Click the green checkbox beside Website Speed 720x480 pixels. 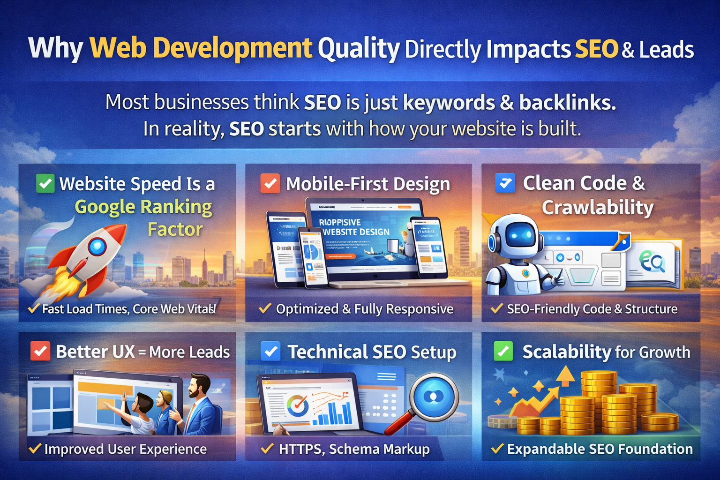click(x=45, y=183)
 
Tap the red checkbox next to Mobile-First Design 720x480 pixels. click(x=270, y=183)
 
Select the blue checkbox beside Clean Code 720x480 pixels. click(x=505, y=183)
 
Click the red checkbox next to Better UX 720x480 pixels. click(x=40, y=351)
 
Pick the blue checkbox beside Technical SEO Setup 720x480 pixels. click(x=270, y=351)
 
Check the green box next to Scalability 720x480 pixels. click(x=503, y=351)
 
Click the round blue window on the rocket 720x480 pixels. click(x=97, y=246)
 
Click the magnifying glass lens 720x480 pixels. click(x=434, y=397)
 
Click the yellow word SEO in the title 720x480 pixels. click(x=596, y=49)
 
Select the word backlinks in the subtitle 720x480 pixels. click(x=567, y=103)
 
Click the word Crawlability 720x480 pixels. click(x=598, y=207)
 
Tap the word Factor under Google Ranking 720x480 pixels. click(x=175, y=229)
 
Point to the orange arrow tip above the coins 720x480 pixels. click(x=565, y=375)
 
